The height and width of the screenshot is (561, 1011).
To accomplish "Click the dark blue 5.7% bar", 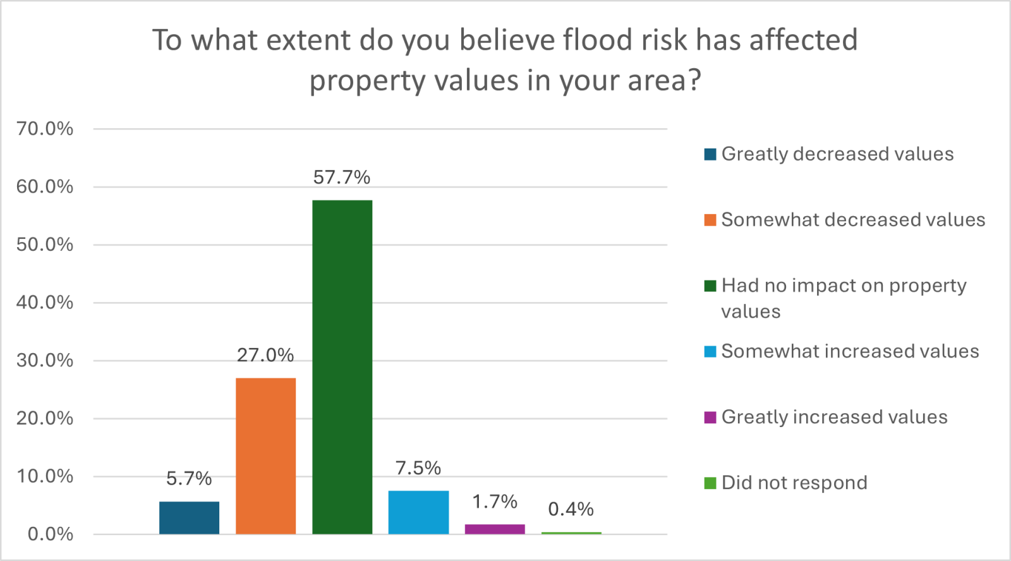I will (189, 517).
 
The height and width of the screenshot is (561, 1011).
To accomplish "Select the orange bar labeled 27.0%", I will (265, 455).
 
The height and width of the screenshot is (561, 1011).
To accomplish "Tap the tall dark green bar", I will (342, 367).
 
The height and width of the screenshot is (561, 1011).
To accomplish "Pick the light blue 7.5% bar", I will (418, 512).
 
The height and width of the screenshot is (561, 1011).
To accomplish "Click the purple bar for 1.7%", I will (495, 529).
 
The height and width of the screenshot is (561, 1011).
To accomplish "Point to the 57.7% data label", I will (342, 178).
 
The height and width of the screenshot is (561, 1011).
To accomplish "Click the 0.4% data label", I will (571, 509).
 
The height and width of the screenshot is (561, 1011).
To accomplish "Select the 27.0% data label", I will (265, 356).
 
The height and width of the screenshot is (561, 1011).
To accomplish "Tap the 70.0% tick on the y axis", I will (45, 129).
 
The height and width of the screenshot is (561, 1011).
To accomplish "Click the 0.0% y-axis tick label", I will (50, 534).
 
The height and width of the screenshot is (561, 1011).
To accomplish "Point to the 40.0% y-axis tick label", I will (45, 303).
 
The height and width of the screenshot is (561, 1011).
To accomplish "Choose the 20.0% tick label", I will (45, 418).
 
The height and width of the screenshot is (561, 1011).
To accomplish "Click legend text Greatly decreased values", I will (837, 154).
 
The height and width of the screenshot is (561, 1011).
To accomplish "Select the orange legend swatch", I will (710, 220).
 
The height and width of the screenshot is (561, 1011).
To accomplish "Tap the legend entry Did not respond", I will (794, 483).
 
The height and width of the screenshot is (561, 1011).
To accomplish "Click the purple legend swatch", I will (710, 417).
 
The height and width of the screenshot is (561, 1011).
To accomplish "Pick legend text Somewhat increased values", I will (850, 351).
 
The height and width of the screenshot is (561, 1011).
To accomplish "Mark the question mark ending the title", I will (694, 81).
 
